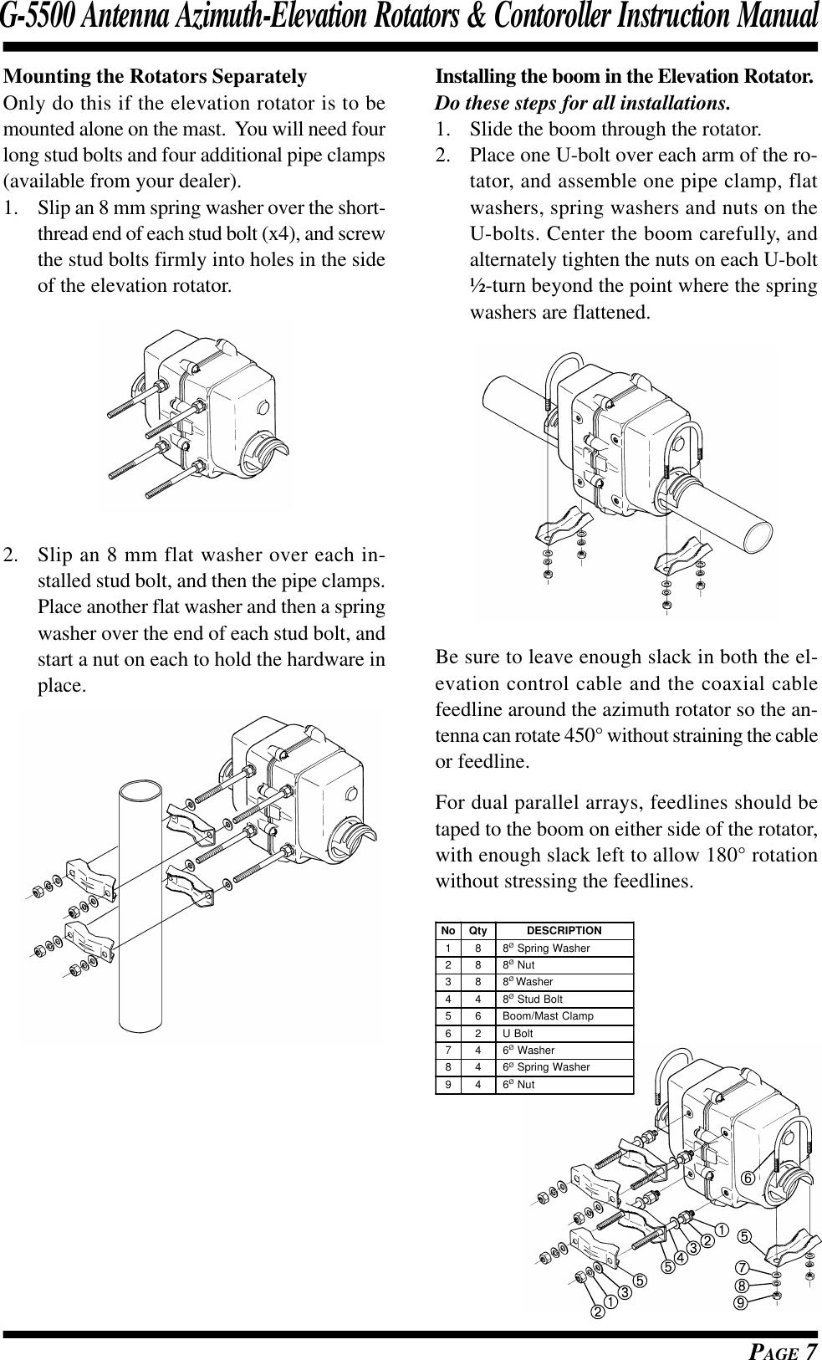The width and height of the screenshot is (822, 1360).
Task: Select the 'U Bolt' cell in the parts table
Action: coord(518,1033)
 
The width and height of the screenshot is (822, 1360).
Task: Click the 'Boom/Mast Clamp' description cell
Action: coord(548,1016)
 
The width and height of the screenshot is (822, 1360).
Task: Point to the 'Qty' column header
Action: coord(477,930)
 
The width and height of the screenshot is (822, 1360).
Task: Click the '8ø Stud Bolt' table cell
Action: coord(532,999)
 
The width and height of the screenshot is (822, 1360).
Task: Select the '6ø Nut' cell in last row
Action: coord(518,1085)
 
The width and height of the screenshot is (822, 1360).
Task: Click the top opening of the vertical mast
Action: coord(140,790)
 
